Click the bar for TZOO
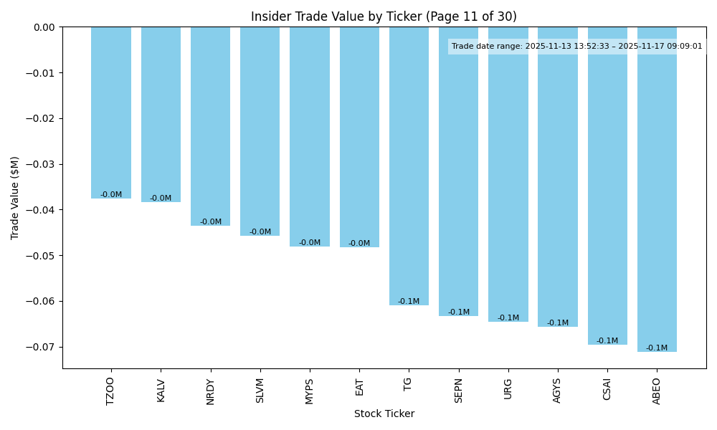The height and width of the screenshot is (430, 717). pyautogui.click(x=111, y=113)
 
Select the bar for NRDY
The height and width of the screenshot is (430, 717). pyautogui.click(x=211, y=126)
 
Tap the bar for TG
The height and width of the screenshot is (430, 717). pyautogui.click(x=409, y=166)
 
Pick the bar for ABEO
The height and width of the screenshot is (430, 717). pyautogui.click(x=657, y=189)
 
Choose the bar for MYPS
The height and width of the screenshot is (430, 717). pyautogui.click(x=310, y=136)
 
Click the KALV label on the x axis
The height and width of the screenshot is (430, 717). pyautogui.click(x=161, y=391)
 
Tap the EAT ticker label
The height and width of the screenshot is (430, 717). pyautogui.click(x=359, y=387)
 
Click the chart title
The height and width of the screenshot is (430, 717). pyautogui.click(x=384, y=16)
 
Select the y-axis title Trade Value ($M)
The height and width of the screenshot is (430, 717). pyautogui.click(x=15, y=198)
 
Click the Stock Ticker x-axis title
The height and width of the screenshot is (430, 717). pyautogui.click(x=384, y=414)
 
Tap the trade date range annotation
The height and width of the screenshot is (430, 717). pyautogui.click(x=577, y=47)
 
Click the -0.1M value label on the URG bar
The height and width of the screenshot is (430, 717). pyautogui.click(x=508, y=318)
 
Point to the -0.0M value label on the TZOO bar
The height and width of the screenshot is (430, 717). pyautogui.click(x=111, y=195)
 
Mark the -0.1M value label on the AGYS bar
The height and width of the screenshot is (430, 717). pyautogui.click(x=558, y=323)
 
